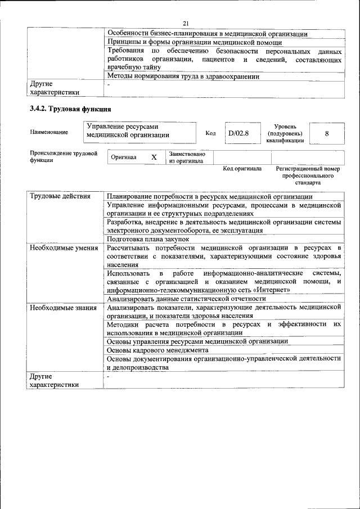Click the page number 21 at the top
[x=186, y=22]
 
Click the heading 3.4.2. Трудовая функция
[x=70, y=109]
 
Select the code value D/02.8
[x=237, y=133]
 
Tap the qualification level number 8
[x=327, y=133]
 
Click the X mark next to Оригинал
[x=154, y=157]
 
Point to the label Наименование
[x=49, y=132]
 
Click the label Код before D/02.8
[x=211, y=133]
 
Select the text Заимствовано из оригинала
[x=187, y=157]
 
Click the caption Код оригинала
[x=242, y=169]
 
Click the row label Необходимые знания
[x=63, y=308]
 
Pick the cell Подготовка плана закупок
[x=148, y=239]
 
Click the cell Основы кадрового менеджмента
[x=157, y=350]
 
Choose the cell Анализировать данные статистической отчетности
[x=186, y=299]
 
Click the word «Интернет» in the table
[x=273, y=290]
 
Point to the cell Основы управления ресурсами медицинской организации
[x=197, y=341]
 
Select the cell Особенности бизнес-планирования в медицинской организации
[x=207, y=34]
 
